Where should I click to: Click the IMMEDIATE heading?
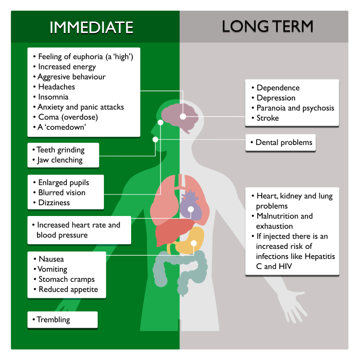pos(91,27)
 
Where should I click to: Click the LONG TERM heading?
pos(267,27)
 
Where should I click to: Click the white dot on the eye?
pos(160,123)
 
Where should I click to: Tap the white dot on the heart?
pos(191,209)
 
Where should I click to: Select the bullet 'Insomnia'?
pos(53,97)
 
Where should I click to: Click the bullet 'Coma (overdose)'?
pos(67,117)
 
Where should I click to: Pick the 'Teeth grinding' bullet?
pos(60,150)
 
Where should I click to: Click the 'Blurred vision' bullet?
pos(62,192)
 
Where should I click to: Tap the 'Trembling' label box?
pos(62,320)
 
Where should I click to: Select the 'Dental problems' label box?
pos(280,142)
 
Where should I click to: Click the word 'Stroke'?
pos(268,118)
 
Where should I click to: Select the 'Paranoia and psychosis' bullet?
pos(295,108)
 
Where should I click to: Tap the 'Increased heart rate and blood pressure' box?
pos(79,230)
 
